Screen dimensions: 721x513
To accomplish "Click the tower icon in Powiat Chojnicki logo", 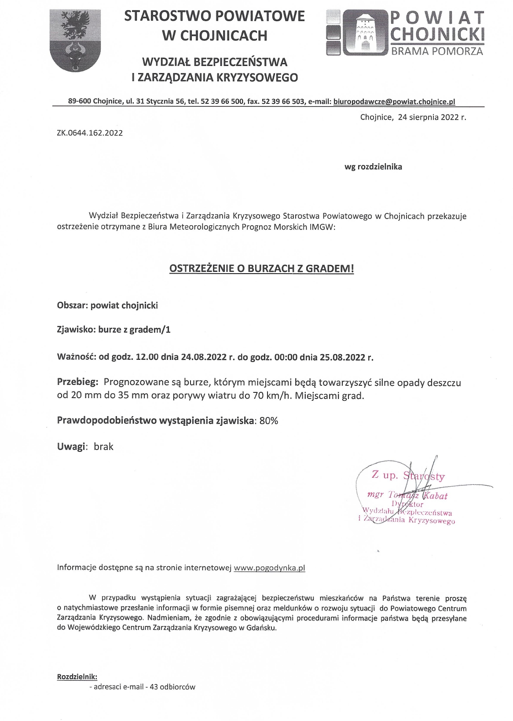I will (364, 33).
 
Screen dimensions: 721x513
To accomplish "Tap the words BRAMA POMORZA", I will (437, 51).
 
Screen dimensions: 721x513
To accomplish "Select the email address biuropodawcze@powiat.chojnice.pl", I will (394, 102).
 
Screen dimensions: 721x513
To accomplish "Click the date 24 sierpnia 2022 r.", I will (431, 117).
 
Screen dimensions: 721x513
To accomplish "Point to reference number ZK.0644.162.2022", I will (90, 133).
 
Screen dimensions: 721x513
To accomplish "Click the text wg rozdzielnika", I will (373, 167).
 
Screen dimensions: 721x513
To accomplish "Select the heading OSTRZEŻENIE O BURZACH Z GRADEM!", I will (261, 269).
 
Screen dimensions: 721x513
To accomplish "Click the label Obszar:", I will (73, 305).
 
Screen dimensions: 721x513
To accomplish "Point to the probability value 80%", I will (269, 421).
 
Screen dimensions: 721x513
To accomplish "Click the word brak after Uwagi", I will (103, 447).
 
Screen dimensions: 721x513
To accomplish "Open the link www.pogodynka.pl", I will (269, 567).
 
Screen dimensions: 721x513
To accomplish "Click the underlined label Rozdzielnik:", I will (77, 676).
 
